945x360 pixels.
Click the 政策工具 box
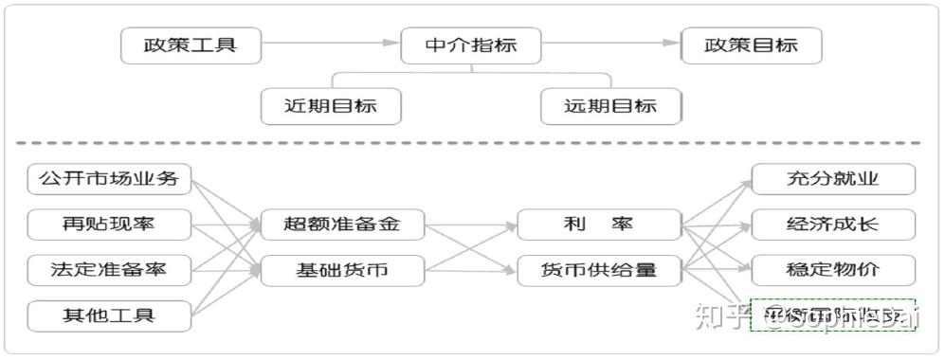click(x=191, y=45)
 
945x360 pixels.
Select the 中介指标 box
click(x=471, y=45)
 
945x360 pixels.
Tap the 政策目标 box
click(x=752, y=45)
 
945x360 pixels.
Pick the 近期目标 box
click(x=331, y=105)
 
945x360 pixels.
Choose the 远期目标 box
click(x=610, y=105)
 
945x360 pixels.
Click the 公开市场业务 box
click(x=109, y=178)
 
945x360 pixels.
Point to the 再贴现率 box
click(x=109, y=225)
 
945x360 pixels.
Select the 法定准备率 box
click(x=109, y=270)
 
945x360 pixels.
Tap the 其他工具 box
click(x=109, y=315)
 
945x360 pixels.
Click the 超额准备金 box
click(x=342, y=225)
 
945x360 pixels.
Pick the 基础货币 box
click(x=342, y=271)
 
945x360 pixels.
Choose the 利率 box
click(x=600, y=225)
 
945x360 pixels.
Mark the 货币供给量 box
click(x=600, y=271)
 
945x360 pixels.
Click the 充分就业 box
click(x=833, y=178)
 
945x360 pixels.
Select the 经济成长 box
click(x=833, y=225)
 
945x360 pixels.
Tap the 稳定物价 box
click(x=833, y=270)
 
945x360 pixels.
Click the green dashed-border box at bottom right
click(x=833, y=315)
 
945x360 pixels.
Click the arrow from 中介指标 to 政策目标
click(x=611, y=43)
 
